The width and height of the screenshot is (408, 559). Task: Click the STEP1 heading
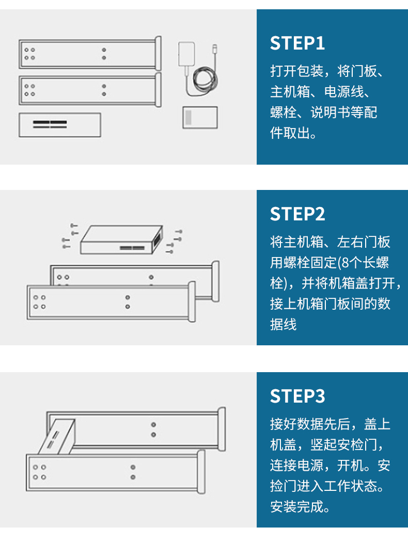click(x=297, y=43)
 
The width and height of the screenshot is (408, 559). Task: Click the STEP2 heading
click(x=297, y=214)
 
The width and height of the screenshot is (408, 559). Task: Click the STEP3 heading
click(x=297, y=396)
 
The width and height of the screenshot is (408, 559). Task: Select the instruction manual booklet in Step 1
click(x=200, y=117)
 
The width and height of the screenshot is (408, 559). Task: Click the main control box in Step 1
click(x=59, y=124)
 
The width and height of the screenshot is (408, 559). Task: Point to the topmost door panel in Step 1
click(x=88, y=54)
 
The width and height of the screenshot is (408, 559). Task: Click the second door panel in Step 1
click(x=88, y=90)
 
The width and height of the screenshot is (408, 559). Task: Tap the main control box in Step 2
click(x=121, y=240)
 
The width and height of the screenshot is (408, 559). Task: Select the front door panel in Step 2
click(x=108, y=302)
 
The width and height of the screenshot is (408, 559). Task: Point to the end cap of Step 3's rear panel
click(x=222, y=428)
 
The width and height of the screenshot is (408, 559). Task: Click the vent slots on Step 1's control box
click(x=50, y=124)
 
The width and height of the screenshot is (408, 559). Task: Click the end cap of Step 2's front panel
click(x=192, y=302)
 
